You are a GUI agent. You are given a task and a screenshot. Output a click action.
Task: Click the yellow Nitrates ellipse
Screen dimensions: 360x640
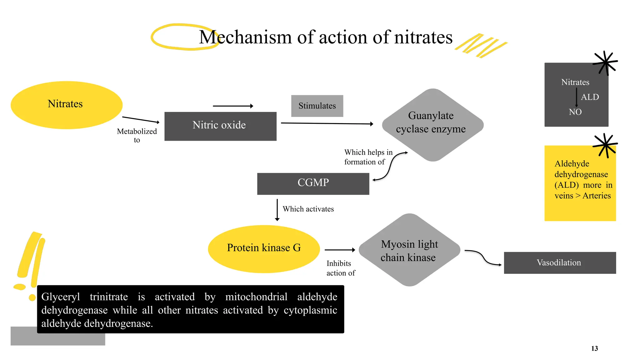(66, 105)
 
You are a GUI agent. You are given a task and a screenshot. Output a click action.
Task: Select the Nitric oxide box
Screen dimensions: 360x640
(220, 126)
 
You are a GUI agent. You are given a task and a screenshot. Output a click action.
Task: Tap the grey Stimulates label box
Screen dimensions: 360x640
(317, 106)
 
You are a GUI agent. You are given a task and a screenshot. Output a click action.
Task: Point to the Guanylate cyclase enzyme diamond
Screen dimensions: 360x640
(432, 125)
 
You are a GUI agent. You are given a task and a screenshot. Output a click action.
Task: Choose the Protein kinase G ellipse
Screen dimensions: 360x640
(264, 249)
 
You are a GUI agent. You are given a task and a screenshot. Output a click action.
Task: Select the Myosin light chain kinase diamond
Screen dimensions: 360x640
(409, 250)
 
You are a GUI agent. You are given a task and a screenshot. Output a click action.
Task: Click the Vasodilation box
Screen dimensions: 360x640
(559, 263)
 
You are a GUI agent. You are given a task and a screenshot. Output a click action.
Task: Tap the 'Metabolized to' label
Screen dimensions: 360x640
(137, 135)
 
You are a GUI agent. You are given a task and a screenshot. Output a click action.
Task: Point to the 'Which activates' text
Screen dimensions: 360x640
(308, 209)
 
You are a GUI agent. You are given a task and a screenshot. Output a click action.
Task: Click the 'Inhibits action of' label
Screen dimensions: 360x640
(340, 268)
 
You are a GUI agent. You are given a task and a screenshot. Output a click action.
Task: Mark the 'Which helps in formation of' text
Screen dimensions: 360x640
(367, 157)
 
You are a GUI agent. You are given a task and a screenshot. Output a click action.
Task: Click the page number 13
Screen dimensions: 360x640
(594, 348)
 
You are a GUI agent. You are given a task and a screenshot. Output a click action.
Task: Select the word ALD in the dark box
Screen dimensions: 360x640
(590, 97)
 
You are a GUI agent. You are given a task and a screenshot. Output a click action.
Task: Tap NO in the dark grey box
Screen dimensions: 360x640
(575, 112)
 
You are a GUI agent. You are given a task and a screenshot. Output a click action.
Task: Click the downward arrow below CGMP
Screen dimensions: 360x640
(277, 210)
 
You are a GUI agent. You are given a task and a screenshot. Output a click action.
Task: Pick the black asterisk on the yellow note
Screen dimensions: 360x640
(605, 145)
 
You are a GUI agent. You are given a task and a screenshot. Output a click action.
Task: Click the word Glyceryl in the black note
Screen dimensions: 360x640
(61, 297)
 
